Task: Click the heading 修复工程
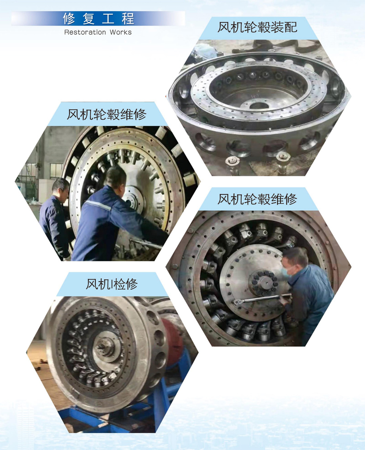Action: (x=99, y=19)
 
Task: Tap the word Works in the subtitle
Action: (x=121, y=32)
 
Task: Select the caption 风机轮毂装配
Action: (x=257, y=27)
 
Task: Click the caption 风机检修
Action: (x=112, y=284)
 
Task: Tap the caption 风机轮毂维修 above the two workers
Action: (x=107, y=114)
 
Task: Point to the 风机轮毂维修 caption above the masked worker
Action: (x=257, y=199)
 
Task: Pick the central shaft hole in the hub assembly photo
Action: (x=259, y=105)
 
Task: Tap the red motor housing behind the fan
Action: (x=172, y=342)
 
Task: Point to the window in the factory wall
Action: (x=56, y=171)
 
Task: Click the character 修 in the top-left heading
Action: (x=69, y=19)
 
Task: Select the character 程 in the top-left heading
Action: (x=128, y=19)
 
